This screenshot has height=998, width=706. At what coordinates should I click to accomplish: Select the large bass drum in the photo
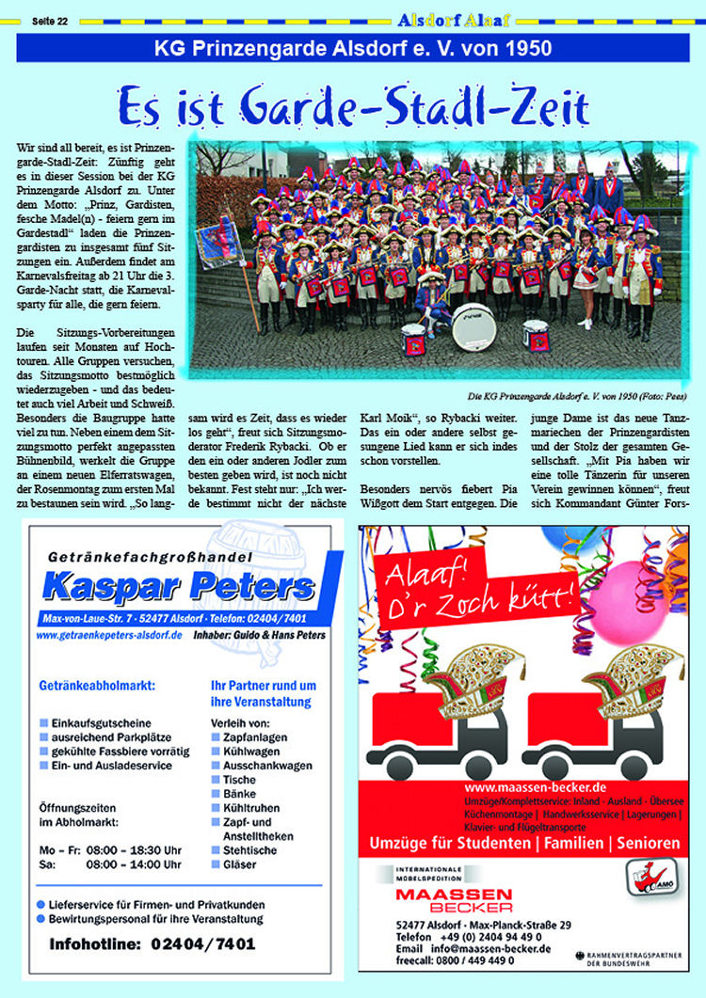click(473, 326)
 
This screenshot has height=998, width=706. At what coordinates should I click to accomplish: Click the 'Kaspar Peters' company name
click(179, 588)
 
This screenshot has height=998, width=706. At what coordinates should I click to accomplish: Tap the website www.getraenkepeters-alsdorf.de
click(109, 636)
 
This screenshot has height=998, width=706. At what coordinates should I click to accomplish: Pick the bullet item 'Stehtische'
click(250, 850)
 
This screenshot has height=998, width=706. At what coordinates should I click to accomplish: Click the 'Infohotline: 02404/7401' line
click(152, 944)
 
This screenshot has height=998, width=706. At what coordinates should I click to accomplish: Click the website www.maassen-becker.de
click(533, 786)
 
